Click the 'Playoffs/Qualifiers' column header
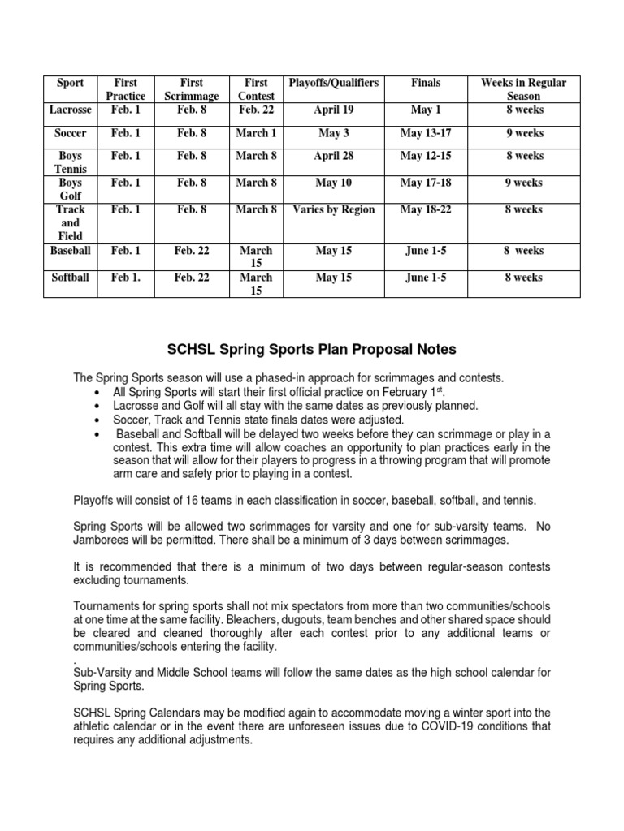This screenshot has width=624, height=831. (x=333, y=83)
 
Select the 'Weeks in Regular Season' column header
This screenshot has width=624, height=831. (x=523, y=89)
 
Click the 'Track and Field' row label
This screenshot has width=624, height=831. (x=71, y=222)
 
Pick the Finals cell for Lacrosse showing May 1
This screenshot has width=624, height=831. (x=426, y=110)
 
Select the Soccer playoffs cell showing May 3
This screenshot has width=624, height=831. (x=333, y=133)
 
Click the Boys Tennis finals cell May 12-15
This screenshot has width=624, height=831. (x=426, y=156)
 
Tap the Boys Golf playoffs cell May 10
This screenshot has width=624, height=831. (x=333, y=183)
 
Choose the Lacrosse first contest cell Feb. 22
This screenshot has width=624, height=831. (x=256, y=110)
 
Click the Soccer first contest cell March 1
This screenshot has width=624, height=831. (x=256, y=133)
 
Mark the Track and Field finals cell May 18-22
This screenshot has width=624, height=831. (x=426, y=209)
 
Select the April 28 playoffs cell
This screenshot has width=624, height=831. (x=333, y=156)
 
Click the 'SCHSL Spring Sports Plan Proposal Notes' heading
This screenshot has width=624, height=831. (x=311, y=350)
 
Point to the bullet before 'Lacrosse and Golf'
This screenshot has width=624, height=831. (x=97, y=406)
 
